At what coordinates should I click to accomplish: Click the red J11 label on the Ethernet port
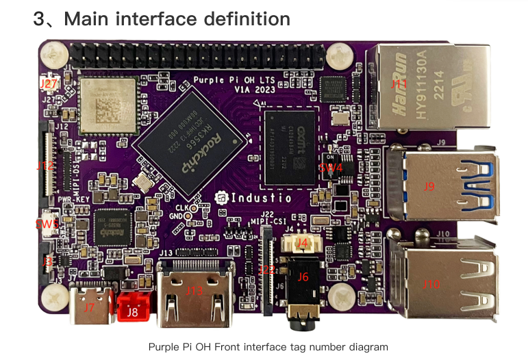pos(399,85)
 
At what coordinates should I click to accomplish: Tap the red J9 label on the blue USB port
pos(429,185)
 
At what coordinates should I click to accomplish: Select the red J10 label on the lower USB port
pos(431,284)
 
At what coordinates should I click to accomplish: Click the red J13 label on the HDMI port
pos(195,291)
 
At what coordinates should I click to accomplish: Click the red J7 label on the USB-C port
pos(89,307)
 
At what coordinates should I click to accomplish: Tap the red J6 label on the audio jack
pos(303,277)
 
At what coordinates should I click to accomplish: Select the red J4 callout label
pos(303,242)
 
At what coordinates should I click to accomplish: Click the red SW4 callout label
pos(330,167)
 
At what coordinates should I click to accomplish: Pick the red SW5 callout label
pos(47,224)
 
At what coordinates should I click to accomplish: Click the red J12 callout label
pos(45,166)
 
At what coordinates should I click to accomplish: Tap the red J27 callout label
pos(49,83)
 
